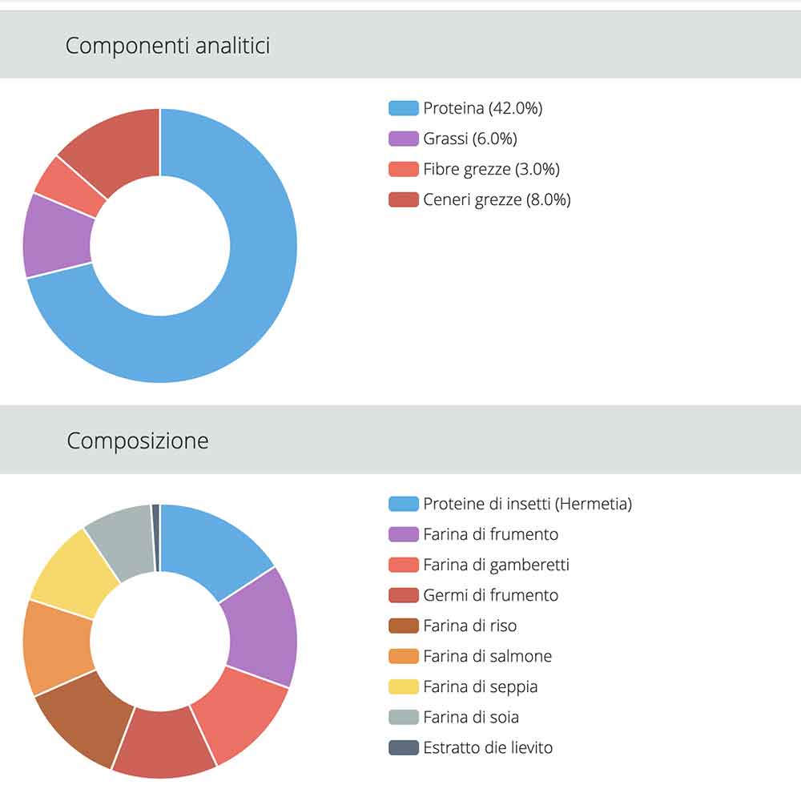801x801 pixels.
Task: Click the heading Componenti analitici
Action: point(167,46)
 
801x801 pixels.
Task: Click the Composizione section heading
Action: point(137,441)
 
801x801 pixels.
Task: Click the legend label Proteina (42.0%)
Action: point(482,108)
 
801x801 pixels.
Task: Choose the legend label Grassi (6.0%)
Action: point(470,139)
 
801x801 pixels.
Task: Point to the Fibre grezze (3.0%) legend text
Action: point(491,169)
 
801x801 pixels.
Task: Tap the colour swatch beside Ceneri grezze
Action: point(404,199)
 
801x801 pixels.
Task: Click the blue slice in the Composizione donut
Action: point(216,545)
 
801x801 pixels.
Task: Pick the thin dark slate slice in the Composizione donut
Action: point(156,537)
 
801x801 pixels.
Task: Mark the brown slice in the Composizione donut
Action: point(80,717)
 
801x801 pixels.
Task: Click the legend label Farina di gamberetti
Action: point(496,565)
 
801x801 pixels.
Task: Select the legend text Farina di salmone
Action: point(487,656)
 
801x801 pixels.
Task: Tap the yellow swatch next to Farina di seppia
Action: point(404,686)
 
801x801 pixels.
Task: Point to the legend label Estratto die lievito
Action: point(488,747)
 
